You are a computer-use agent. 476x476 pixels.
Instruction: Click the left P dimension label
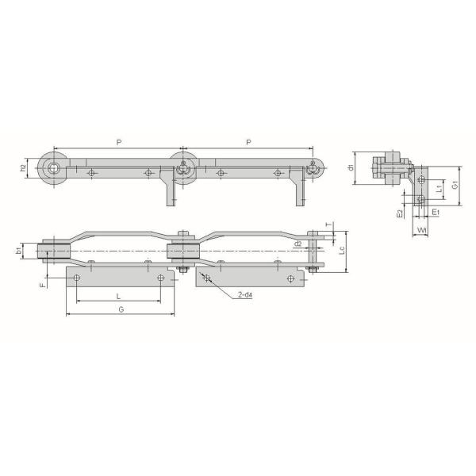pyautogui.click(x=118, y=142)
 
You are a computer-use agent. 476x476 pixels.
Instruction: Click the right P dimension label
pyautogui.click(x=249, y=142)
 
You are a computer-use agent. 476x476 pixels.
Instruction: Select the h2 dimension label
pyautogui.click(x=24, y=168)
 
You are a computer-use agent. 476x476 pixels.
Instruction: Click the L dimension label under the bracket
pyautogui.click(x=118, y=296)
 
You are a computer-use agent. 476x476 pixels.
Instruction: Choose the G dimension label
pyautogui.click(x=120, y=309)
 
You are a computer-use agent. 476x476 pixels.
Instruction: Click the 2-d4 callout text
pyautogui.click(x=245, y=296)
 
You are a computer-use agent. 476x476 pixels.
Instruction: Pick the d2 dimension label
pyautogui.click(x=297, y=244)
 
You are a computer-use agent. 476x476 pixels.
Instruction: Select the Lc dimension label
pyautogui.click(x=341, y=251)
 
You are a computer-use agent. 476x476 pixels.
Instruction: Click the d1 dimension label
pyautogui.click(x=351, y=167)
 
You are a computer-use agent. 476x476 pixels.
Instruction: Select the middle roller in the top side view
pyautogui.click(x=183, y=168)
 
